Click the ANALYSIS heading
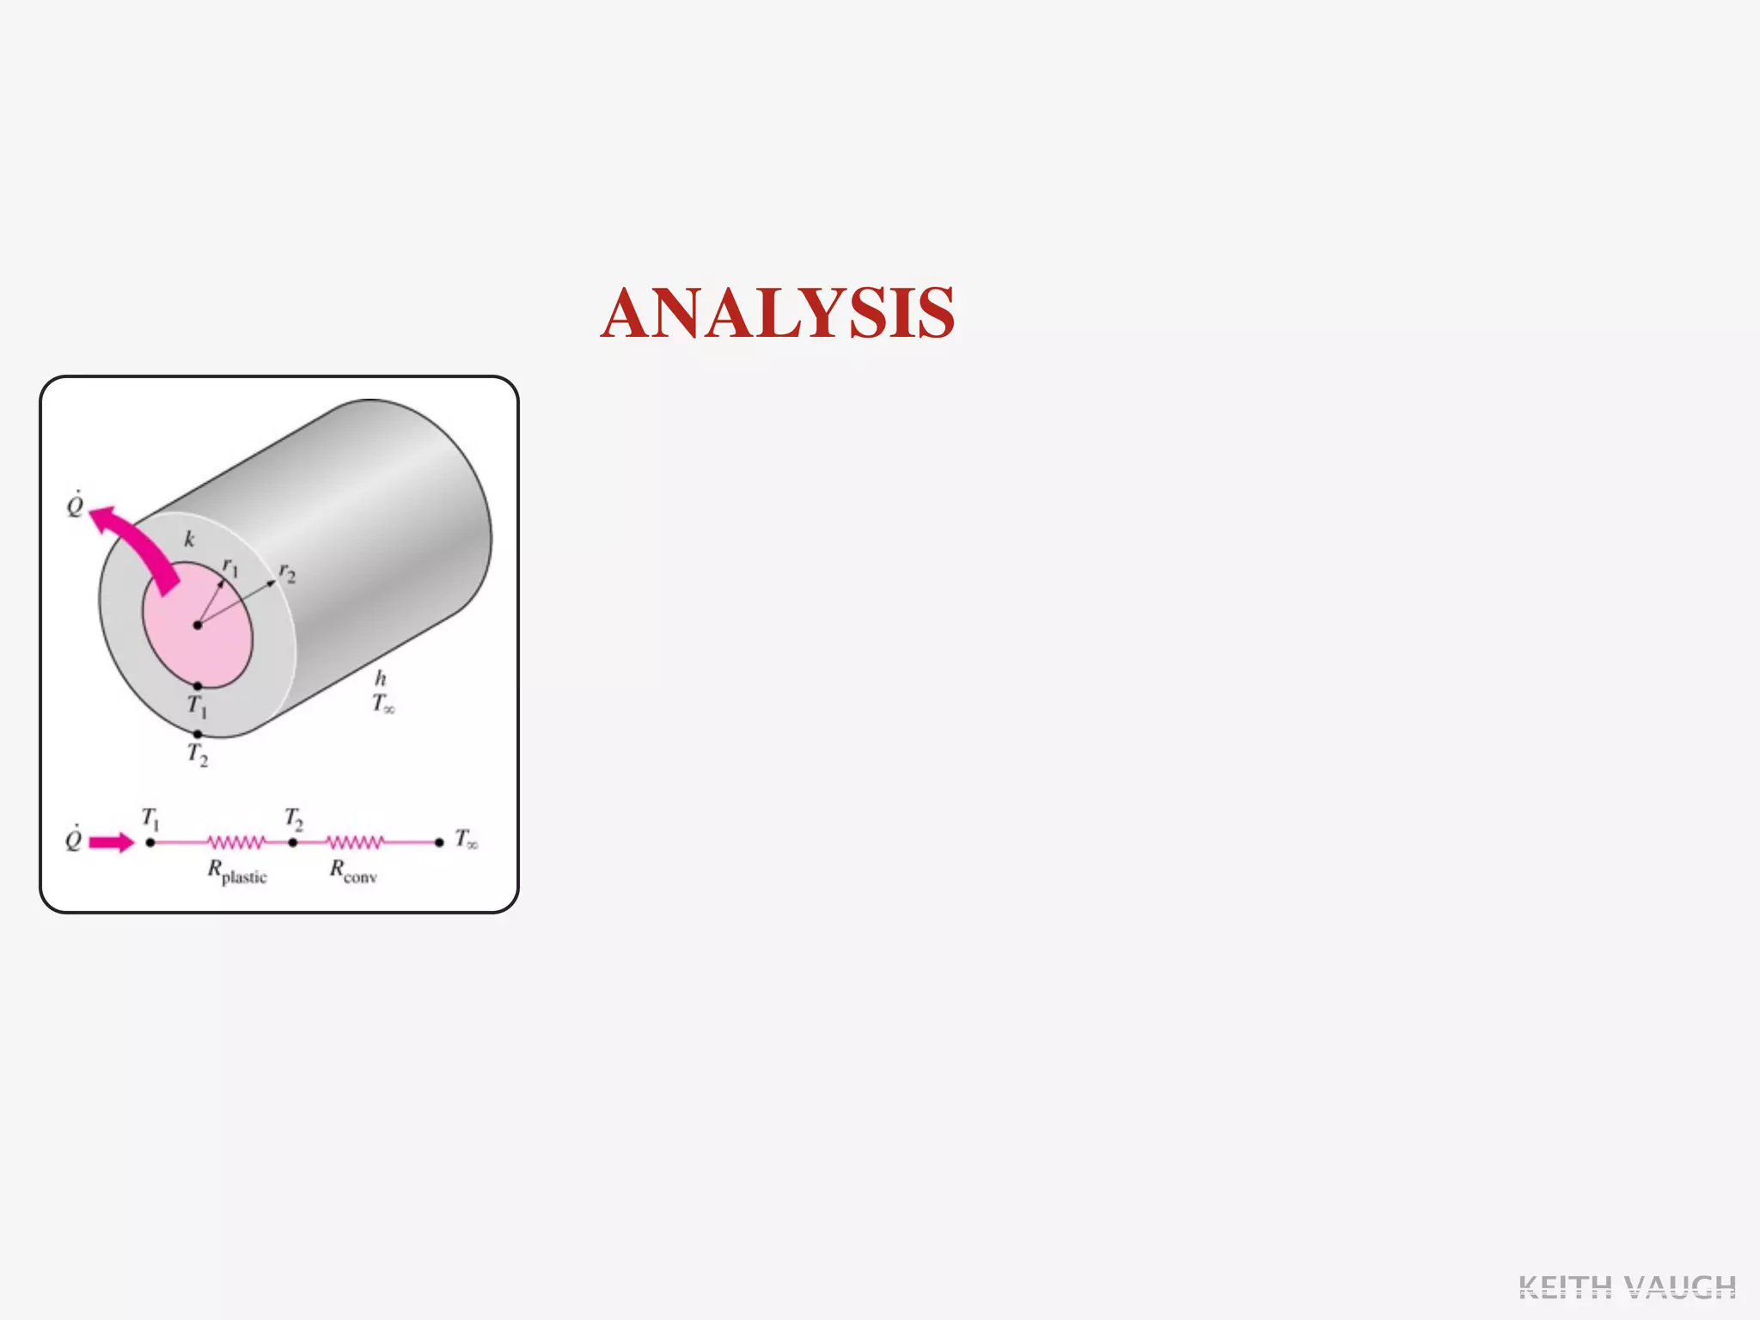778,313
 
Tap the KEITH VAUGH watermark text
1627,1287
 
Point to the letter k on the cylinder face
189,539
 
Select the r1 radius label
230,567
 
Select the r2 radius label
287,573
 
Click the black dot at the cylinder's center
198,625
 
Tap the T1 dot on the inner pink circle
198,686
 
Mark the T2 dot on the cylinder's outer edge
198,734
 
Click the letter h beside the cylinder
380,679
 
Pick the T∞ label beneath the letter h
383,704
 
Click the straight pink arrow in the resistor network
112,842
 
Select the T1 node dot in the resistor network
150,842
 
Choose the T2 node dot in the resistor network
293,842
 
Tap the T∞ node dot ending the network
439,842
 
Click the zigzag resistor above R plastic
236,842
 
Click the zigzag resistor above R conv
355,842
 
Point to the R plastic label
237,872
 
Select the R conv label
353,872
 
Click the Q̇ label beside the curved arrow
76,505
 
